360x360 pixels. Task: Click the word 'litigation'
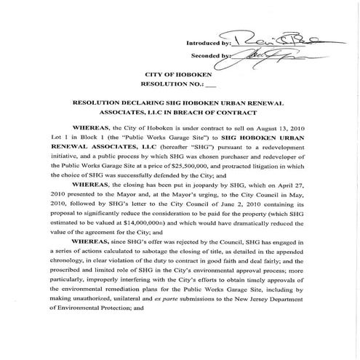point(283,176)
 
